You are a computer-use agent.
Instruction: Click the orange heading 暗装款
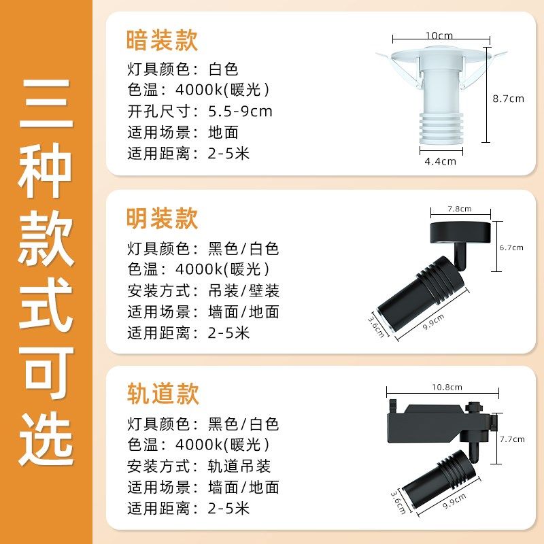[x=163, y=41]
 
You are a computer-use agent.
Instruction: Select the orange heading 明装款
[x=163, y=218]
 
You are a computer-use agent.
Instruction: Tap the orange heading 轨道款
[x=163, y=394]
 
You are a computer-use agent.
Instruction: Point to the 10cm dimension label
[x=439, y=35]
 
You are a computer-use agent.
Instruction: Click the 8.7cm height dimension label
[x=508, y=98]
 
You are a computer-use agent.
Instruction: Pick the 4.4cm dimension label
[x=440, y=161]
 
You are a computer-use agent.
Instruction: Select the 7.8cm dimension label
[x=459, y=208]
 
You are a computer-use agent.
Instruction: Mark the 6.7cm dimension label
[x=511, y=248]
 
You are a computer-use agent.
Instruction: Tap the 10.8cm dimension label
[x=447, y=387]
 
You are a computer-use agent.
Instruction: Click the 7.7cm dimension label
[x=512, y=439]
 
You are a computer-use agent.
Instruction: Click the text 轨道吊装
[x=239, y=466]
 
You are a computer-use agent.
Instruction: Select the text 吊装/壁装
[x=243, y=291]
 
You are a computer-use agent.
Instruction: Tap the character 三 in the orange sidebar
[x=46, y=109]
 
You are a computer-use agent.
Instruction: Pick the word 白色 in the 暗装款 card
[x=224, y=69]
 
